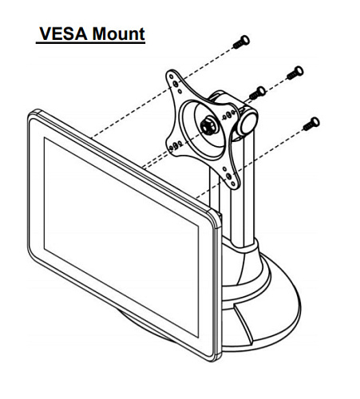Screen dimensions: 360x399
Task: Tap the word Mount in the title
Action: (x=118, y=34)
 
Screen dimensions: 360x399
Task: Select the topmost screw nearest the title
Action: (x=241, y=42)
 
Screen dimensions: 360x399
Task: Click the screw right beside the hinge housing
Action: (x=258, y=93)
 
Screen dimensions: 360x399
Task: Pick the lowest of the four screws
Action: (x=311, y=124)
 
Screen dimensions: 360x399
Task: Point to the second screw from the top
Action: (x=295, y=73)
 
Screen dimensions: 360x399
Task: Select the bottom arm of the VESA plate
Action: (x=229, y=176)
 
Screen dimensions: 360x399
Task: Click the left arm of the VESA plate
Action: (x=176, y=145)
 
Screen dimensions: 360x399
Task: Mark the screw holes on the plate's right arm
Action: (x=229, y=114)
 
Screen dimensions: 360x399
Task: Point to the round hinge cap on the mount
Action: (x=247, y=123)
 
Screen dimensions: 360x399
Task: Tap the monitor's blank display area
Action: (x=121, y=237)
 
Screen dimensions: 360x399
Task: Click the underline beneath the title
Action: (x=90, y=42)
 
